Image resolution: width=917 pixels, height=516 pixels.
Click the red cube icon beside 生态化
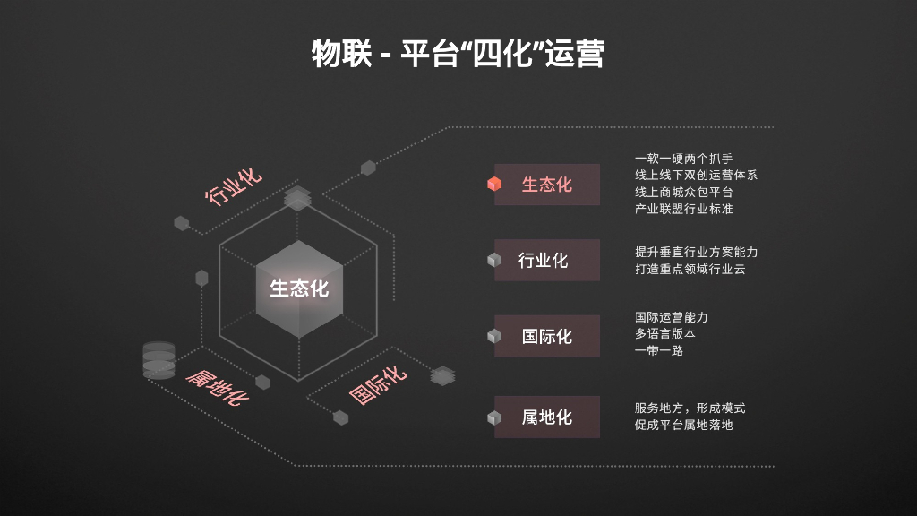click(x=493, y=185)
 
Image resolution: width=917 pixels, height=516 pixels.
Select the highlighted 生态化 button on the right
click(x=546, y=185)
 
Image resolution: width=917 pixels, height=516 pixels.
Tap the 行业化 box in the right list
click(x=546, y=261)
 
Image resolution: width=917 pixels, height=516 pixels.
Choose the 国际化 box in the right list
click(x=546, y=337)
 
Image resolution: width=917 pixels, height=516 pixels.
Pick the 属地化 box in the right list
click(x=546, y=417)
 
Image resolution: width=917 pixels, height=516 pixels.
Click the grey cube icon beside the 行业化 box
click(x=493, y=261)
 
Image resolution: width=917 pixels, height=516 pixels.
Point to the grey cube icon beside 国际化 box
click(x=493, y=337)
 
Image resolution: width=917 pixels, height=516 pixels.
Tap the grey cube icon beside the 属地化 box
click(x=493, y=417)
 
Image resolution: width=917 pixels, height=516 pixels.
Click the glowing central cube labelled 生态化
click(x=300, y=288)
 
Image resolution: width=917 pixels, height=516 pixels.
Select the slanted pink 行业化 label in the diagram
click(x=235, y=185)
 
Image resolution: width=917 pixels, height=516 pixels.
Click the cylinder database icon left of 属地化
click(x=159, y=359)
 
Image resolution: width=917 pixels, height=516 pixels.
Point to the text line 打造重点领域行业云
click(x=690, y=269)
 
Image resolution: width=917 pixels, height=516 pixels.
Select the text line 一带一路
click(x=659, y=350)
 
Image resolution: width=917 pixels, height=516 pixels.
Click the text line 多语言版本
click(x=665, y=333)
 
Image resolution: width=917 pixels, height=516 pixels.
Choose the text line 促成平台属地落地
click(x=683, y=425)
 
